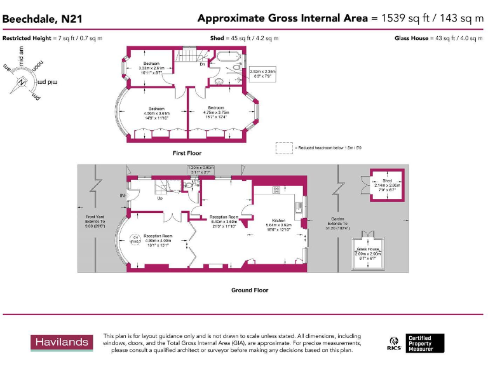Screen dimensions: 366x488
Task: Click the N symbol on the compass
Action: point(23,81)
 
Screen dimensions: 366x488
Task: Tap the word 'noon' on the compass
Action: point(39,65)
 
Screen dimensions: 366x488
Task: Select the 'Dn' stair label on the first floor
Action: point(202,64)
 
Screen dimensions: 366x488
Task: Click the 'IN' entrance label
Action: point(122,195)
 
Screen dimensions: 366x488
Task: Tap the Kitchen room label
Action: point(278,220)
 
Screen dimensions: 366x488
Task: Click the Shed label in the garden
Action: point(388,181)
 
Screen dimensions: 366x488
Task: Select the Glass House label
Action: point(368,249)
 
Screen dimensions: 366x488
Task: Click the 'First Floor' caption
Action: point(187,153)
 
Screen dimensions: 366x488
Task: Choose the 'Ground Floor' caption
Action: point(250,290)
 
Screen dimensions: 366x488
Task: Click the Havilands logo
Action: point(62,342)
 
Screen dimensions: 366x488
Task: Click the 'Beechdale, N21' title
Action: point(43,19)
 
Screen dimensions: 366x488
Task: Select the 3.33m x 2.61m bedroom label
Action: point(151,68)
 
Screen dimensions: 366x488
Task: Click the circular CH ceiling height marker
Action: point(135,240)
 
